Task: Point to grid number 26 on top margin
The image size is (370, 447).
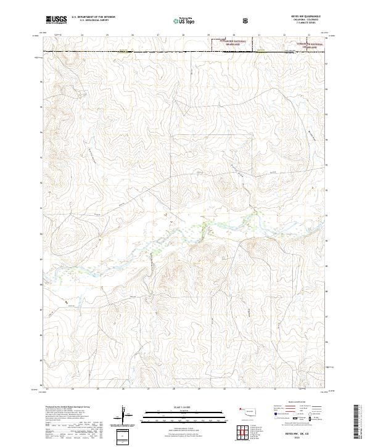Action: click(x=133, y=35)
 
